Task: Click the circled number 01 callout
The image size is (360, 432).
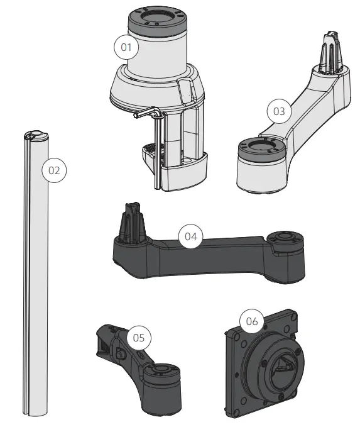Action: (x=126, y=47)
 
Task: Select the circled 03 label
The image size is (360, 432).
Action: (x=278, y=112)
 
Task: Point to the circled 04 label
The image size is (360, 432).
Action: (x=192, y=236)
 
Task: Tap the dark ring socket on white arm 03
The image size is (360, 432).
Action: (x=261, y=150)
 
